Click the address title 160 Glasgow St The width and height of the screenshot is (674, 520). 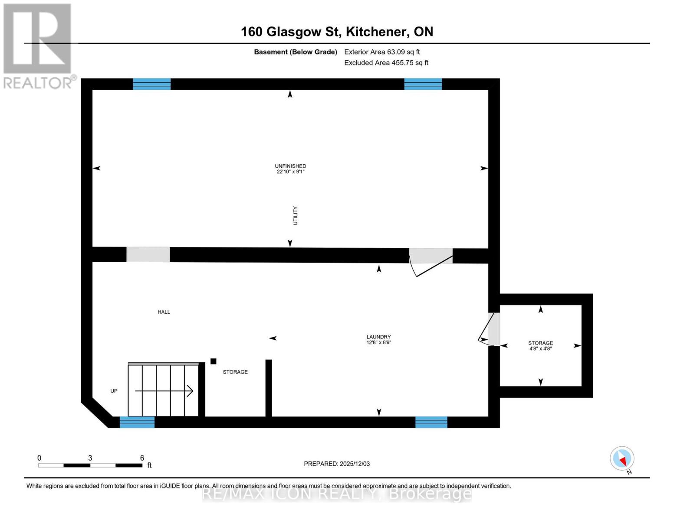coord(337,32)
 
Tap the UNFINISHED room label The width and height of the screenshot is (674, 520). coord(290,166)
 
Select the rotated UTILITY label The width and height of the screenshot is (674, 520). coord(296,215)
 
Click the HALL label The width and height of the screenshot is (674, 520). coord(164,312)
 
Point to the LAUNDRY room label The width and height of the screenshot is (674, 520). coord(378,337)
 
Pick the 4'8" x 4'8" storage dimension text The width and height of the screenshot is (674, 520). coord(540,348)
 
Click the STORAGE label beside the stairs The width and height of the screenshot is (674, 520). coord(235,372)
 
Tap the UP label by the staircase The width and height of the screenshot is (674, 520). coord(114,391)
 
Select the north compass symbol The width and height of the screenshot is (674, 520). coord(622,458)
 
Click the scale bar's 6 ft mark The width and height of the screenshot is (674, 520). coord(142,458)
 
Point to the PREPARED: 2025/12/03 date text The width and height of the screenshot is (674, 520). coord(337,464)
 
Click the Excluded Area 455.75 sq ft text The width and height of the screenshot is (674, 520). coord(386,63)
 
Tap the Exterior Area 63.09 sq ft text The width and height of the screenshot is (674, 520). coord(382,52)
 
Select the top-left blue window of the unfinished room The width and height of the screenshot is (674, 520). coord(151,84)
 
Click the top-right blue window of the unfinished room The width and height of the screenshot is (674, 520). coord(423,84)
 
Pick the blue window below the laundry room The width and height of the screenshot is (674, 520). coord(431,422)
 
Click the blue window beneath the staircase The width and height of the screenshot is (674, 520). coord(137,422)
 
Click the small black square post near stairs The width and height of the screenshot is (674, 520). coord(213,361)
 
